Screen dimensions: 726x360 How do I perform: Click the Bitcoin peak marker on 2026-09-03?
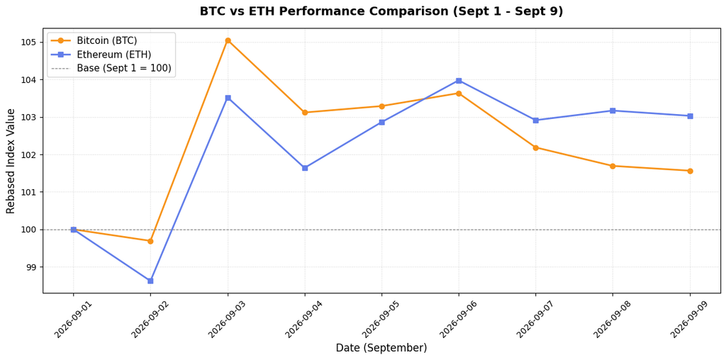(x=228, y=40)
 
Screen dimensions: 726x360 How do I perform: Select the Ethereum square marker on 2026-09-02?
(x=150, y=281)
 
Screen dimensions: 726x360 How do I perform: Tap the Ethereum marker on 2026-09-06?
(x=459, y=81)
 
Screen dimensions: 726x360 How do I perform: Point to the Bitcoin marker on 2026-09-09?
(x=690, y=171)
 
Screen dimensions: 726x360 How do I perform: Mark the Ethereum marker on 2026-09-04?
(x=305, y=168)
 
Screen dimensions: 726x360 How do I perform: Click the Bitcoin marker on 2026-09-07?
(x=536, y=147)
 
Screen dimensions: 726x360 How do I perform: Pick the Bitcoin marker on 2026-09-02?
(x=150, y=241)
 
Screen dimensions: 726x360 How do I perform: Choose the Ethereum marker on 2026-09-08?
(x=613, y=111)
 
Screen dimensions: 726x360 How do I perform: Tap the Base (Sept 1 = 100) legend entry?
(x=111, y=69)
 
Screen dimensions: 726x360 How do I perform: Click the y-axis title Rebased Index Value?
(x=11, y=161)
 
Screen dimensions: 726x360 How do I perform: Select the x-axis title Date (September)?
(x=381, y=348)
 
